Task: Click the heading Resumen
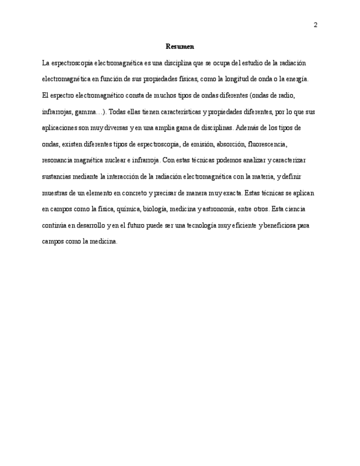[180, 47]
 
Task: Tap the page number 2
[315, 25]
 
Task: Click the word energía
[297, 79]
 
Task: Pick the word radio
[279, 96]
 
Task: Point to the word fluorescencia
[267, 145]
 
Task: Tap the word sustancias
[57, 177]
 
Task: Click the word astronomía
[217, 209]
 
